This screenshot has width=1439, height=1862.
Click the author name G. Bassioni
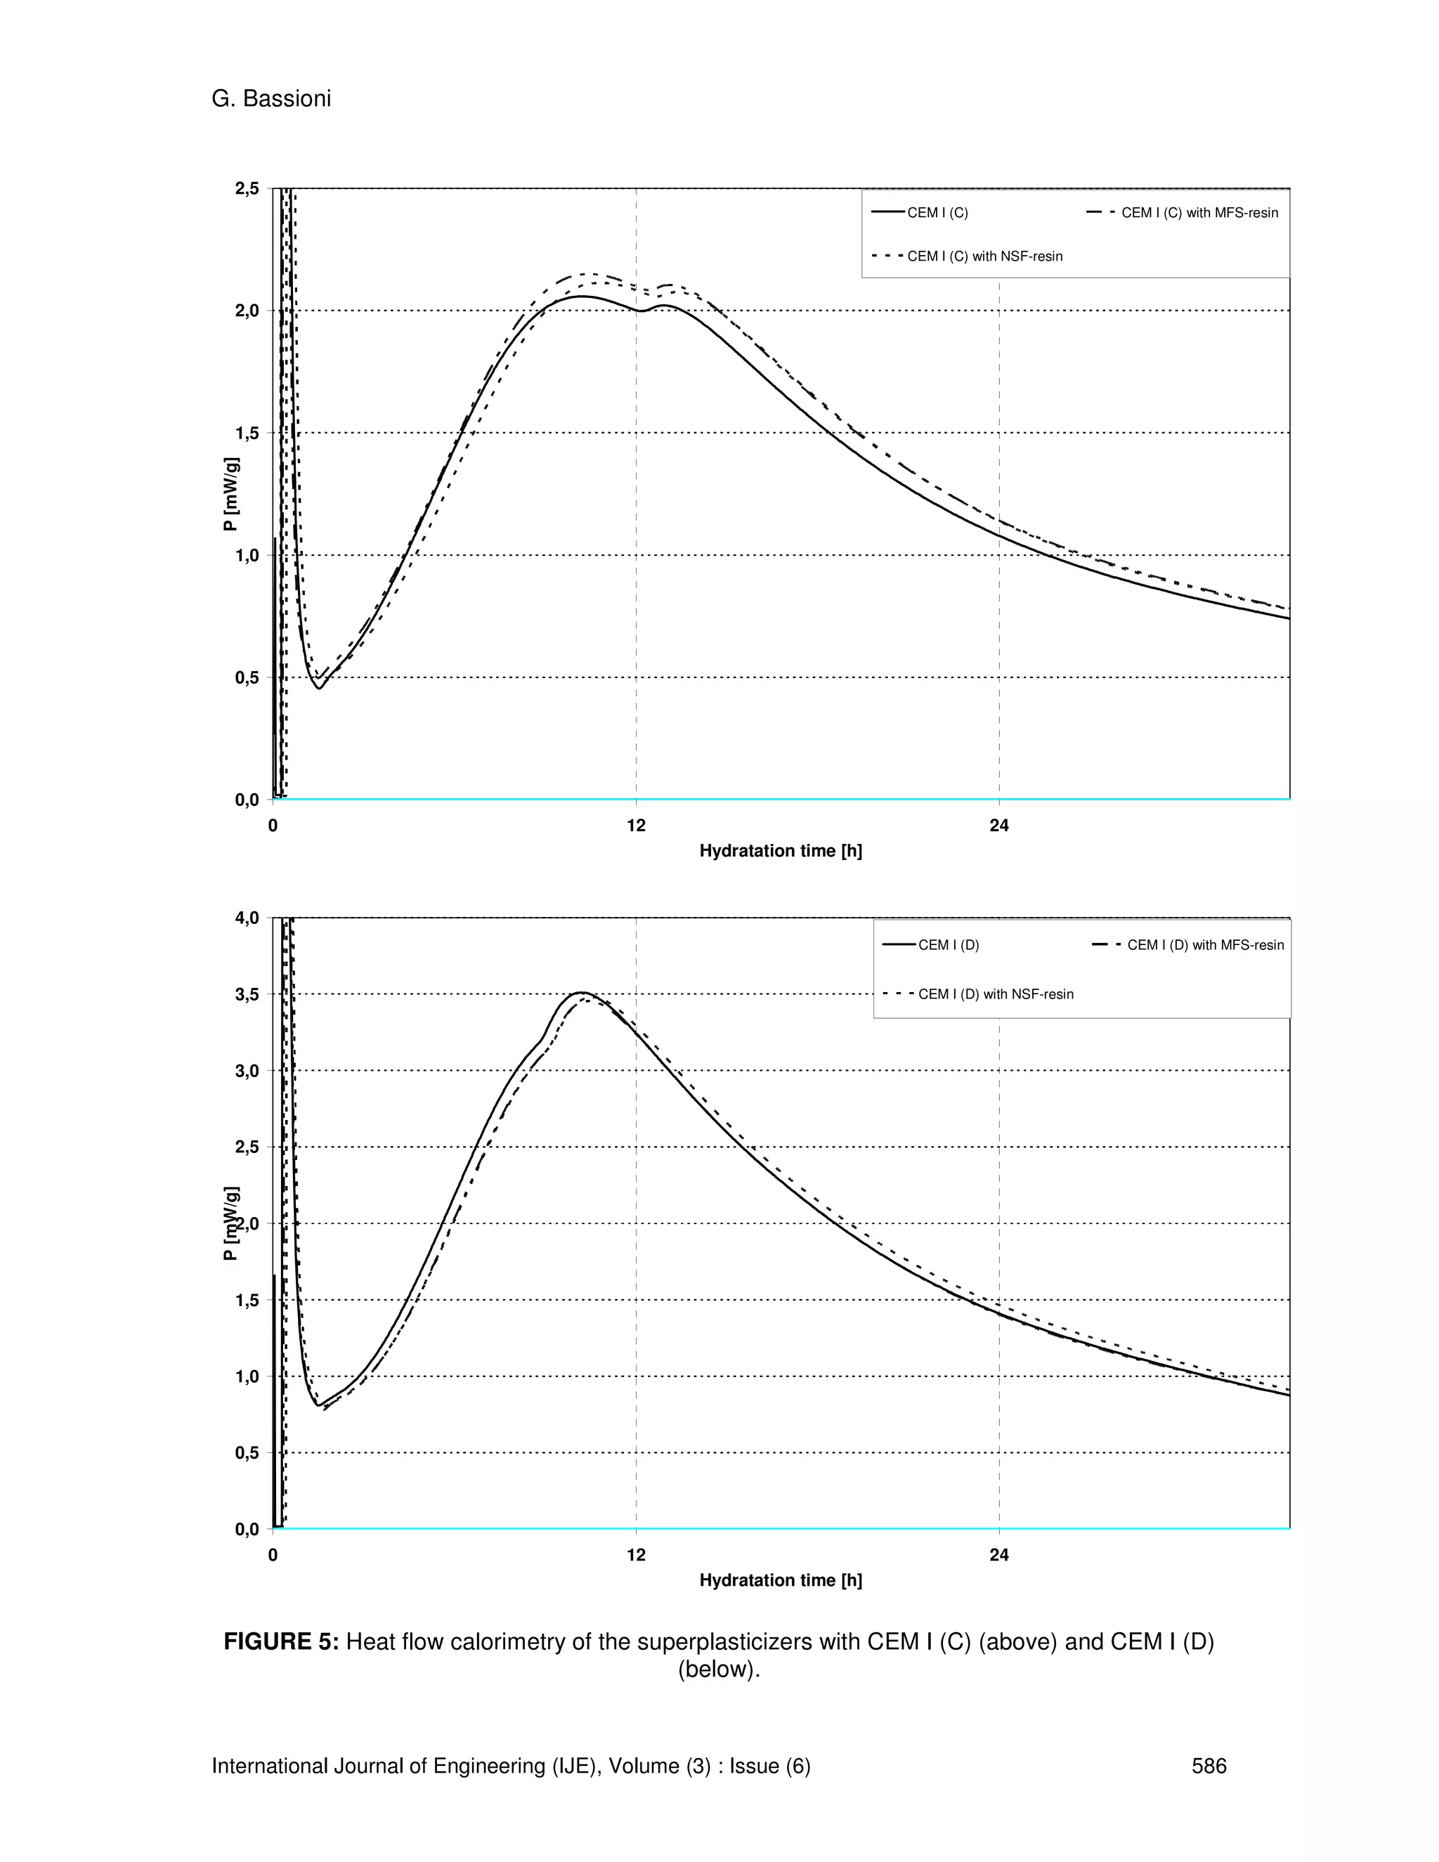coord(271,99)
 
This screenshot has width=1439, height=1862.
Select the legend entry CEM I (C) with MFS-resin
coord(1199,212)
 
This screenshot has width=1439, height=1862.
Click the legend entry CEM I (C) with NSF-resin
coord(984,256)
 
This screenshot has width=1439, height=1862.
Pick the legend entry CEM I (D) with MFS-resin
coord(1204,944)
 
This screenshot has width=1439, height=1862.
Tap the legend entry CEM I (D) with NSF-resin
coord(995,994)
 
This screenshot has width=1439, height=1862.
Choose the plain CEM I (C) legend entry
coord(937,212)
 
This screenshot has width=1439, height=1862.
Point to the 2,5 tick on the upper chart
coord(247,188)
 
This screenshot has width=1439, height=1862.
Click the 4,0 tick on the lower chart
coord(247,918)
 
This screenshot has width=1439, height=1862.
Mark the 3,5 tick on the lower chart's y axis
coord(247,994)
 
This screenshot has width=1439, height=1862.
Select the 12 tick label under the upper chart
coord(636,826)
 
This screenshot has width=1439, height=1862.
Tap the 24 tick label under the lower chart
coord(999,1555)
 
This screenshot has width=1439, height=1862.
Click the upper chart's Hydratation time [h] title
coord(780,851)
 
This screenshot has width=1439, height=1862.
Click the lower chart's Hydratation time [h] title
coord(780,1581)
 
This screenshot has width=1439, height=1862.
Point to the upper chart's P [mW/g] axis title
coord(230,495)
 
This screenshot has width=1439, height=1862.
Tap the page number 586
coord(1209,1766)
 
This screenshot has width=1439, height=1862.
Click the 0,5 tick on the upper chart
coord(247,678)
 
